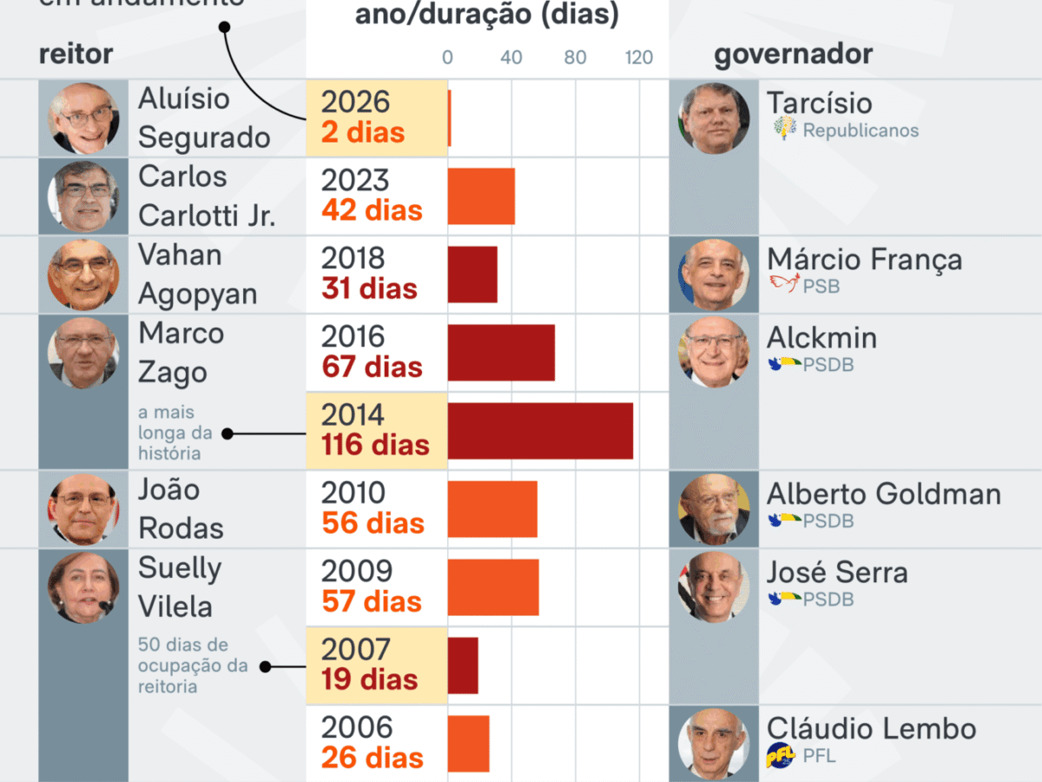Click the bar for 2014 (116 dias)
[540, 431]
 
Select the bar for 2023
[481, 196]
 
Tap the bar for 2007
[463, 666]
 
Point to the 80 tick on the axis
[575, 58]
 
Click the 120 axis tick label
[639, 58]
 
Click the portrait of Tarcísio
[713, 118]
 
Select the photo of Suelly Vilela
[83, 587]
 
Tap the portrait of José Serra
[713, 587]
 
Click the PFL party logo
[781, 756]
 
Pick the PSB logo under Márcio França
[784, 284]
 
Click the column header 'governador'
[793, 54]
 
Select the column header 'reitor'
[76, 54]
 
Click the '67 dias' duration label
[372, 367]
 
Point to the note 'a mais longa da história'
[175, 433]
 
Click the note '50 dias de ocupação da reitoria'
[193, 666]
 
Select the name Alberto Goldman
[883, 494]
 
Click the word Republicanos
[861, 131]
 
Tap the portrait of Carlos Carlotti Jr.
[83, 196]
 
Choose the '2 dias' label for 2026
[363, 132]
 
